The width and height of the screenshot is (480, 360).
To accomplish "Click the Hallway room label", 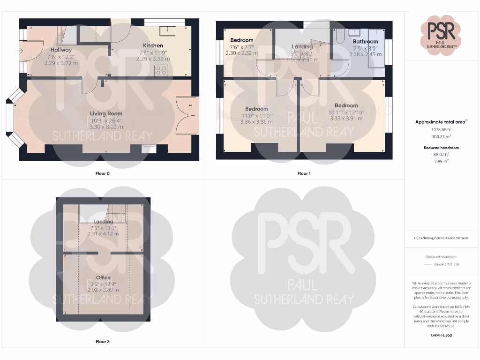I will pyautogui.click(x=61, y=50).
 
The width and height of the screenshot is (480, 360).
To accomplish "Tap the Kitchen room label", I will pyautogui.click(x=153, y=45).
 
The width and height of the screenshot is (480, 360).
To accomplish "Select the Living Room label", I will pyautogui.click(x=106, y=113).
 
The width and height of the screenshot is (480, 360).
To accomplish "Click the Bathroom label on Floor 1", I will pyautogui.click(x=365, y=41).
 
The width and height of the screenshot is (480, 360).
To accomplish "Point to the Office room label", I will pyautogui.click(x=103, y=277).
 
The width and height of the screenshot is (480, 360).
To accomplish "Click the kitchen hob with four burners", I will pyautogui.click(x=162, y=71).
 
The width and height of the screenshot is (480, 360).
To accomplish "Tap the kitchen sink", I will pyautogui.click(x=167, y=31).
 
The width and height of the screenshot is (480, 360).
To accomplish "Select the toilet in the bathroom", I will pyautogui.click(x=341, y=34).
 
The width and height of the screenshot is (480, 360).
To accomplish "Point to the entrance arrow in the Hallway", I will pyautogui.click(x=22, y=51).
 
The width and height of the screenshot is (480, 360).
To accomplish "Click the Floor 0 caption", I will pyautogui.click(x=103, y=173).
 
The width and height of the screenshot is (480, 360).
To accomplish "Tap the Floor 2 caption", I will pyautogui.click(x=103, y=342).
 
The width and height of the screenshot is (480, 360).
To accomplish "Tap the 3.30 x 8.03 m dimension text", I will pyautogui.click(x=106, y=127).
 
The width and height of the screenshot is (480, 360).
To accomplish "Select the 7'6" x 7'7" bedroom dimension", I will pyautogui.click(x=242, y=47).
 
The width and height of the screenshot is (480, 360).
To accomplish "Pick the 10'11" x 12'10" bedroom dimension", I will pyautogui.click(x=346, y=112).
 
